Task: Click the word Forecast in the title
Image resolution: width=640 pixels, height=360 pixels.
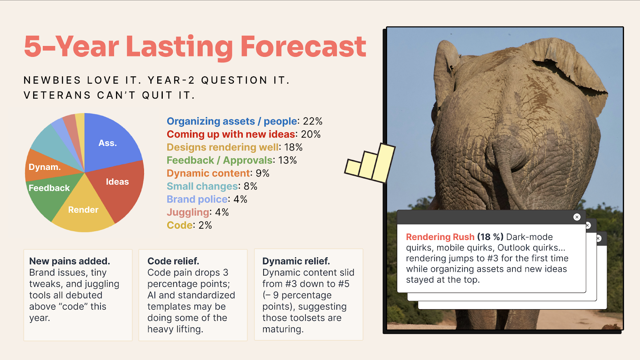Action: point(303,46)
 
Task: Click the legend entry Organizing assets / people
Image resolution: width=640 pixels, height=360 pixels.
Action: point(232,121)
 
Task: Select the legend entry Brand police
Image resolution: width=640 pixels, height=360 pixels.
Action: point(197,199)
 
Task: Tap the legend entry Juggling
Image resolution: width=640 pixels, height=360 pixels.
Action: point(188,212)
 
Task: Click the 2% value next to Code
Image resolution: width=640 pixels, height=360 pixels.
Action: point(205,225)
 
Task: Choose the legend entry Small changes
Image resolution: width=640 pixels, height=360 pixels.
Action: point(202,186)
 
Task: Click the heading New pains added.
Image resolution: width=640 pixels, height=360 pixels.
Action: point(70,261)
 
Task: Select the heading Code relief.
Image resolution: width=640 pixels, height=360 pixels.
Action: point(173,261)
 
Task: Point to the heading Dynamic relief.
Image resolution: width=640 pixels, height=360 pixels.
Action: point(296,261)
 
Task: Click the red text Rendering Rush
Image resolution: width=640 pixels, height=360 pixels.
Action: point(440,237)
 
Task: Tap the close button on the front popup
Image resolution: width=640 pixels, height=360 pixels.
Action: point(577,217)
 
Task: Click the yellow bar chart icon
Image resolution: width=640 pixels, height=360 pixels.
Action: point(370,163)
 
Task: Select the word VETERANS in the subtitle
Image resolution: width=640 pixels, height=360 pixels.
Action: point(57,95)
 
